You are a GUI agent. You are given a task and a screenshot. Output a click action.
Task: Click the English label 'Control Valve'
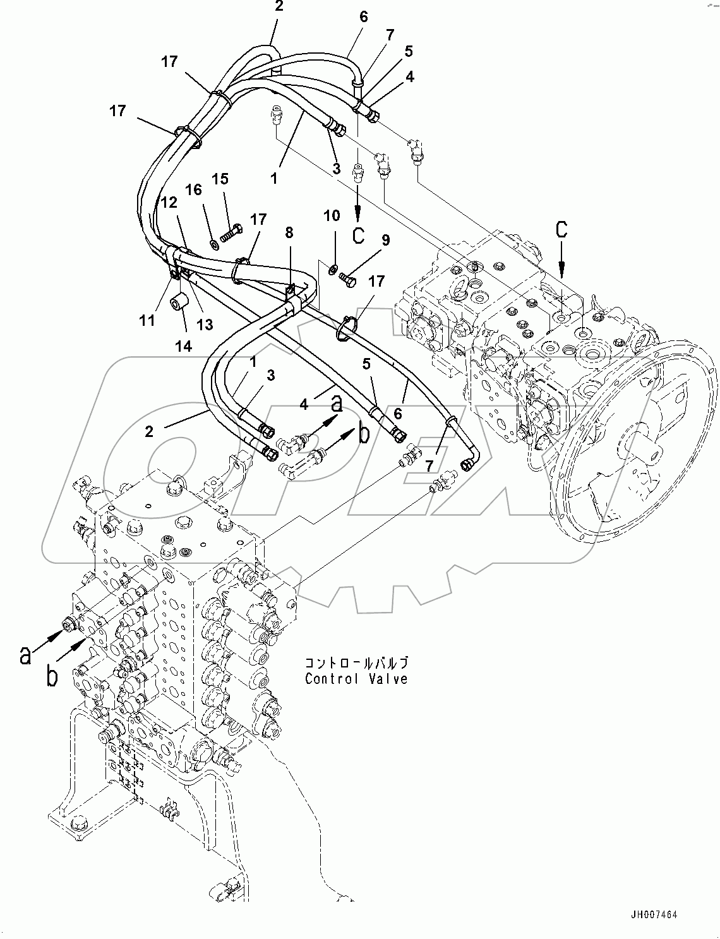[x=356, y=679]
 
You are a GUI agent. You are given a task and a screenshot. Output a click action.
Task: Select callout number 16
[x=193, y=189]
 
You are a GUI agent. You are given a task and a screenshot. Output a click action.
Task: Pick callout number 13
[x=204, y=325]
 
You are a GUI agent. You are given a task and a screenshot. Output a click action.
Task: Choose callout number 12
[x=168, y=203]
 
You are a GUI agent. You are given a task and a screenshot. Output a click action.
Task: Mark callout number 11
[x=147, y=320]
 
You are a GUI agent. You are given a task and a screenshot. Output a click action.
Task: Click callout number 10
[x=332, y=216]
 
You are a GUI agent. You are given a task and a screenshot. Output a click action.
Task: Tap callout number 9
[x=385, y=240]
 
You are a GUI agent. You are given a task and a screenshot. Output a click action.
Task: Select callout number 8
[x=289, y=232]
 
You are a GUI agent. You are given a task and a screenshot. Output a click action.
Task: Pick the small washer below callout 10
[x=332, y=270]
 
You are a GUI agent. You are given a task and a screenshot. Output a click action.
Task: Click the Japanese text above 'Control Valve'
[x=356, y=662]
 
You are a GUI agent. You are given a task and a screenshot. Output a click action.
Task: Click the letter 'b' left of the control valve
[x=52, y=676]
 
